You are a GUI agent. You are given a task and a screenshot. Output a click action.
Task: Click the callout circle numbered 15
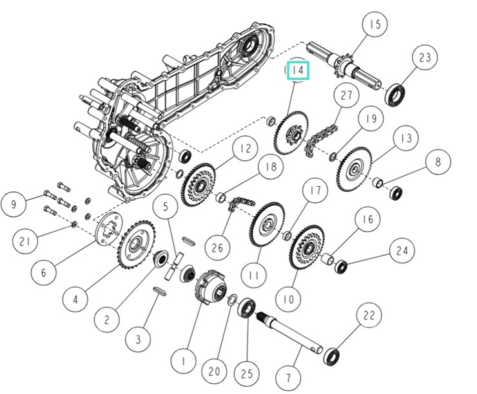[375, 26]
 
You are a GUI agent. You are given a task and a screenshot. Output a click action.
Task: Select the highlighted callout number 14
[298, 70]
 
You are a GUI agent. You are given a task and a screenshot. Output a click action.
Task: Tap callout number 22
[368, 316]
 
